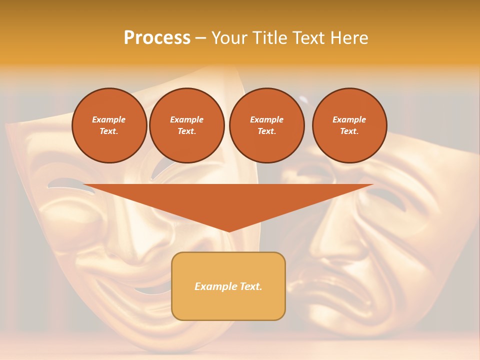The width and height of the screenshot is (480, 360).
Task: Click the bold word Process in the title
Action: pyautogui.click(x=157, y=38)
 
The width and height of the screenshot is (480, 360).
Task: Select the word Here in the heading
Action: pyautogui.click(x=348, y=38)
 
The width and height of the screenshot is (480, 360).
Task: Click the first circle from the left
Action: pyautogui.click(x=109, y=125)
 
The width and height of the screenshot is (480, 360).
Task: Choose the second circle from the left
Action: pyautogui.click(x=186, y=125)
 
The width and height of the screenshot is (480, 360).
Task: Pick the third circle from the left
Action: pyautogui.click(x=266, y=125)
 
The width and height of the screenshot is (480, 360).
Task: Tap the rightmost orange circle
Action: pyautogui.click(x=349, y=125)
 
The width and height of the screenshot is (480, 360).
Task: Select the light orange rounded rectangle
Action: pyautogui.click(x=228, y=305)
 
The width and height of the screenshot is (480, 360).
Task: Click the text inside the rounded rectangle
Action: pyautogui.click(x=228, y=286)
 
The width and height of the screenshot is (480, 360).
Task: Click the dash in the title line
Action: pyautogui.click(x=200, y=38)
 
